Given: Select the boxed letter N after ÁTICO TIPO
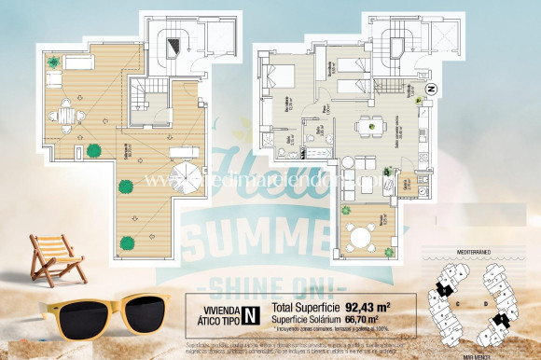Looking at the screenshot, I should click(250, 313).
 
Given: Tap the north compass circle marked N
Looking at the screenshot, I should click(432, 89).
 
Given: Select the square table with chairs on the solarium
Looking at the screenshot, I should click(67, 113).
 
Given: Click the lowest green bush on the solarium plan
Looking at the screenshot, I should click(126, 243).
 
